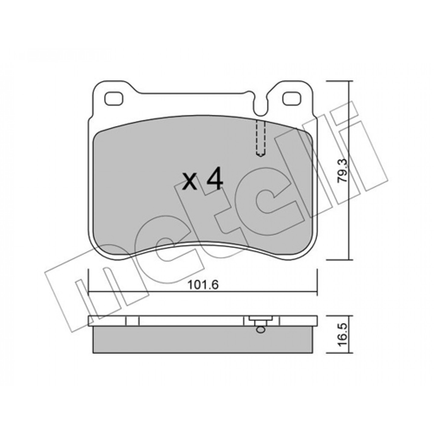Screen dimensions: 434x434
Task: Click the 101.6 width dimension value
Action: [203, 285]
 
